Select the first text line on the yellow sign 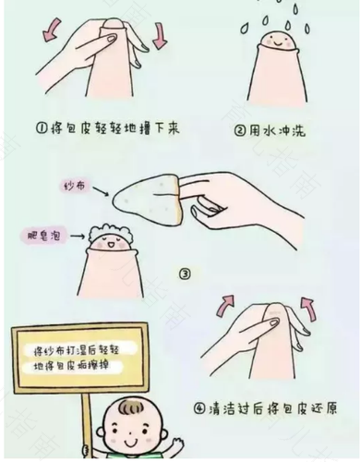pyautogui.click(x=76, y=349)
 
